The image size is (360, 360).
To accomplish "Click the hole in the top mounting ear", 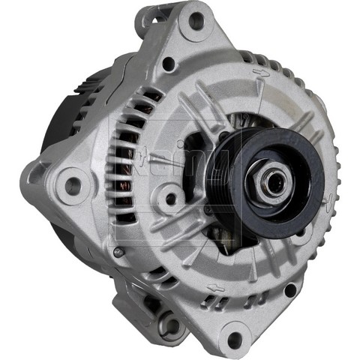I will [x=197, y=20].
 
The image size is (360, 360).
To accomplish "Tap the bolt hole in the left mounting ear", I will [x=73, y=183].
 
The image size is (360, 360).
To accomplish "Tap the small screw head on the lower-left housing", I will [x=118, y=252].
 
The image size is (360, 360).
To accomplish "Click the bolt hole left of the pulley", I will [x=172, y=199].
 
